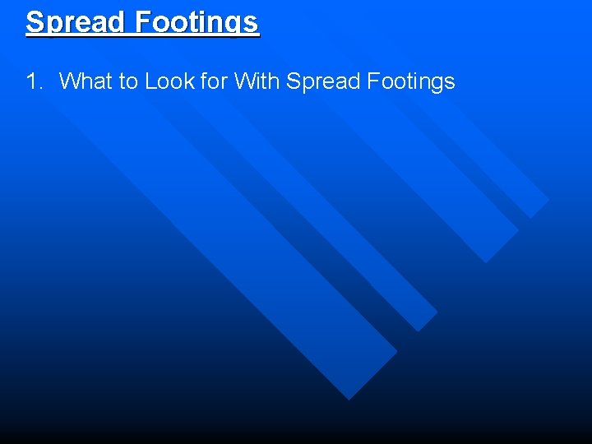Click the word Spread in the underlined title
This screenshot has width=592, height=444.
coord(76,21)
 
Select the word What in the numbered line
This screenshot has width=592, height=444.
coord(85,81)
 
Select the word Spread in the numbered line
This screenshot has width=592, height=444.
coord(323,81)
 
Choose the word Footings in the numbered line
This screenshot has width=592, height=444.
coord(410,81)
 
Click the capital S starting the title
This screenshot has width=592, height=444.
coord(35,21)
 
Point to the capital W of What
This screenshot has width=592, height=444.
coord(69,81)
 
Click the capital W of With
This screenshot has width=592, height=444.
coord(243,81)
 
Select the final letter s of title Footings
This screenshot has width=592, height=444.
coord(251,22)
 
